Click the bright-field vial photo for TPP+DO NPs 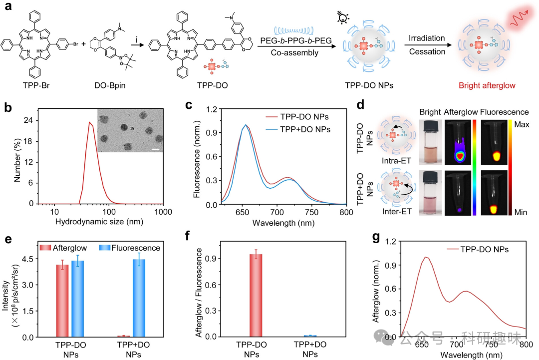429,191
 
